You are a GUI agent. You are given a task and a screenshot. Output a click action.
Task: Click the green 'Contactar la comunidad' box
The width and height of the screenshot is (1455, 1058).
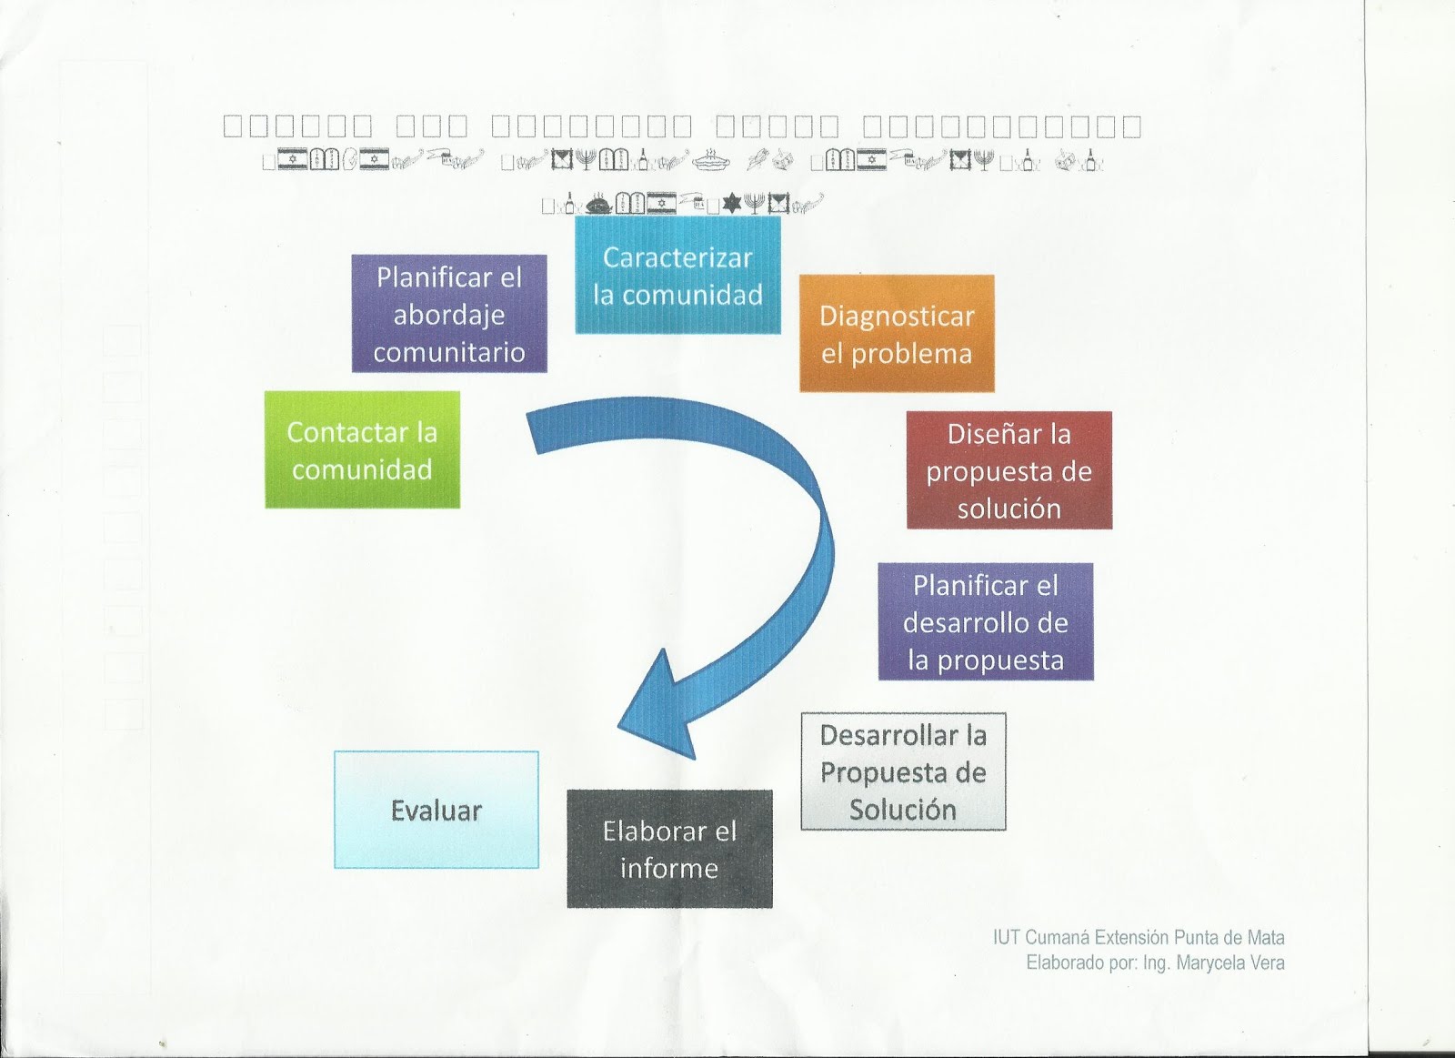[x=362, y=449]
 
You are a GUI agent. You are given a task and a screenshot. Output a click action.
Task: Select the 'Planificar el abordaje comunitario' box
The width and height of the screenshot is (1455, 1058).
[x=449, y=314]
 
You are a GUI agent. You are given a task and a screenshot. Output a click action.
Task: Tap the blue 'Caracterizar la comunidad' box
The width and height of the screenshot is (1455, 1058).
[x=677, y=276]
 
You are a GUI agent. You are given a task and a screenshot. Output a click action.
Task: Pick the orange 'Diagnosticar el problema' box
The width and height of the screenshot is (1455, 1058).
[x=897, y=334]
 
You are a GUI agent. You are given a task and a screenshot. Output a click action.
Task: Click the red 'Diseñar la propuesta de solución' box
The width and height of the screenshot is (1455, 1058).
[x=1008, y=470]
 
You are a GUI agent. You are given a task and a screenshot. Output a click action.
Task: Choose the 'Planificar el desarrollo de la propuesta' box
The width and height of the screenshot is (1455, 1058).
[x=986, y=622]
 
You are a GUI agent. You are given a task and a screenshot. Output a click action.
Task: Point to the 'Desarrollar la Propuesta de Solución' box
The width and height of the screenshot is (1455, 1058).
[x=903, y=771]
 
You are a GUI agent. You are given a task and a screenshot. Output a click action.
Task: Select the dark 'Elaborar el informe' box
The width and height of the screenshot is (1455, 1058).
[x=669, y=849]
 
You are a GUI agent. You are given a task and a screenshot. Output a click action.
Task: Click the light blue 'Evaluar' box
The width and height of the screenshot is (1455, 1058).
[x=436, y=810]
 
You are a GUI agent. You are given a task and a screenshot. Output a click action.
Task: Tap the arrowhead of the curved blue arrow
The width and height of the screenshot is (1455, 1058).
[x=659, y=705]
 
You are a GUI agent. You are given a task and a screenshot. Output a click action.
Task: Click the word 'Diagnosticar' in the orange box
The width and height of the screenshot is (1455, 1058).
[x=897, y=316]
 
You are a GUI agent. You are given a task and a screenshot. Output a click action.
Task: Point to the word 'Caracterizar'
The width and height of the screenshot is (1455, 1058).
[x=677, y=257]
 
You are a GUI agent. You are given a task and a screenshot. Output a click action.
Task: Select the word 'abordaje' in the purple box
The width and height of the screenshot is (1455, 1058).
[x=449, y=315]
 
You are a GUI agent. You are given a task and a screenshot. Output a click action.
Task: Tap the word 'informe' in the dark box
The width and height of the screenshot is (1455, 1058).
[x=669, y=868]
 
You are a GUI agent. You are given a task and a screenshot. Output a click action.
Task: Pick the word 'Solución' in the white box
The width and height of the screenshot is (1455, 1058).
[x=903, y=810]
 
